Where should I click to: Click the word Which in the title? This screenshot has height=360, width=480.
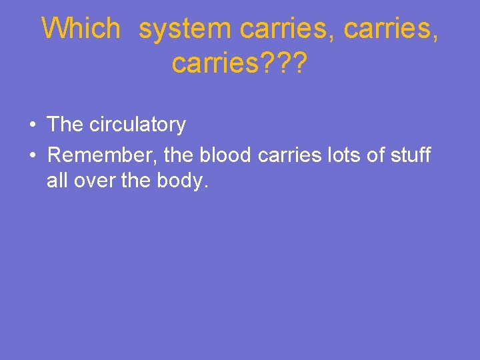(81, 29)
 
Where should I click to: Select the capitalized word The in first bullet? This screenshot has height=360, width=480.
(65, 125)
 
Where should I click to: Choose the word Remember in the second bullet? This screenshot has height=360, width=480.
(102, 155)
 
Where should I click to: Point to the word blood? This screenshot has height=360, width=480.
(225, 155)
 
